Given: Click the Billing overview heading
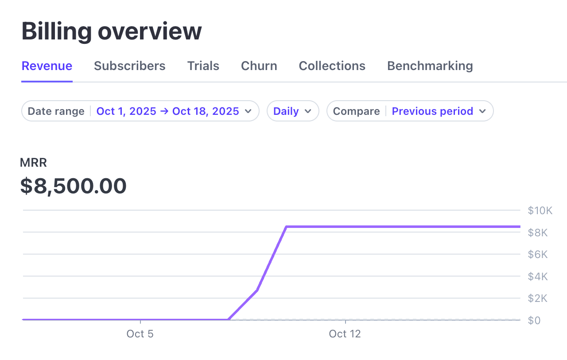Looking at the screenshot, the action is pos(112,31).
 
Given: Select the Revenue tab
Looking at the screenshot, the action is pos(47,66).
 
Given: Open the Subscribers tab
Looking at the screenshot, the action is pos(130,66).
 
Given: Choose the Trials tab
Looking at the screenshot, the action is pos(203,66).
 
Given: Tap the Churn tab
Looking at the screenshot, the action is pos(259,66).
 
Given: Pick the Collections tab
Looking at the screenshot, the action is pos(332,66).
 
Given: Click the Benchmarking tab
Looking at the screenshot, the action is pos(430,66).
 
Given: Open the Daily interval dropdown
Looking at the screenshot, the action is pos(293,111).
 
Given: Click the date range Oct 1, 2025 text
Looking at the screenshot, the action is pos(126,111).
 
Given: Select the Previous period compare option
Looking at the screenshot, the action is pos(432,111).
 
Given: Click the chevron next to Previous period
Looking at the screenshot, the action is pos(483,111).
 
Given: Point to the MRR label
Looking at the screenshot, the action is pos(33,163).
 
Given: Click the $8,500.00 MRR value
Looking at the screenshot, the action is pos(74,186).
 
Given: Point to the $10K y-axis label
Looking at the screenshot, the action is pos(540,211).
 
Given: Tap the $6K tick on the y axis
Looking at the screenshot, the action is pos(538,254).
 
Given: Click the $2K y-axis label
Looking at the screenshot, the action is pos(538,298).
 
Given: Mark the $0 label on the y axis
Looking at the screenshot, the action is pos(534,321).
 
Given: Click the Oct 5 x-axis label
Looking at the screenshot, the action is pos(140,334).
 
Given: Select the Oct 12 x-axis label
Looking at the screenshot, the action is pos(345,334).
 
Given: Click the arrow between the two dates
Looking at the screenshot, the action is pos(164,111).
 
